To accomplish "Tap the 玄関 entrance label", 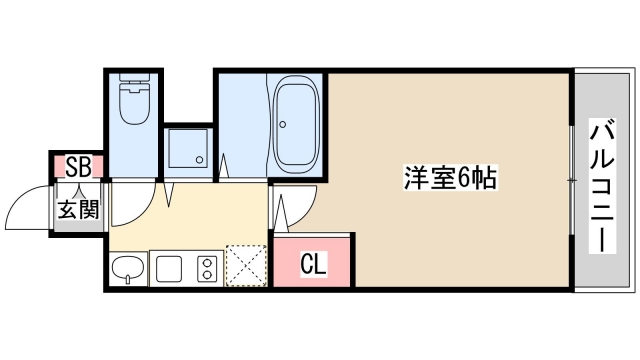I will point(77,210).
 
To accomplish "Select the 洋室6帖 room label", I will point(450,180).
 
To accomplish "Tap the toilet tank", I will point(132,83).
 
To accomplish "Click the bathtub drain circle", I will point(283,126).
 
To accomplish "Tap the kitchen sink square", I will point(168,268).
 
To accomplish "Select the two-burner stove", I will point(207,268).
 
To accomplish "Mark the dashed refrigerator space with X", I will point(245,265).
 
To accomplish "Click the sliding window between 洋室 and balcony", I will point(572,180).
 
